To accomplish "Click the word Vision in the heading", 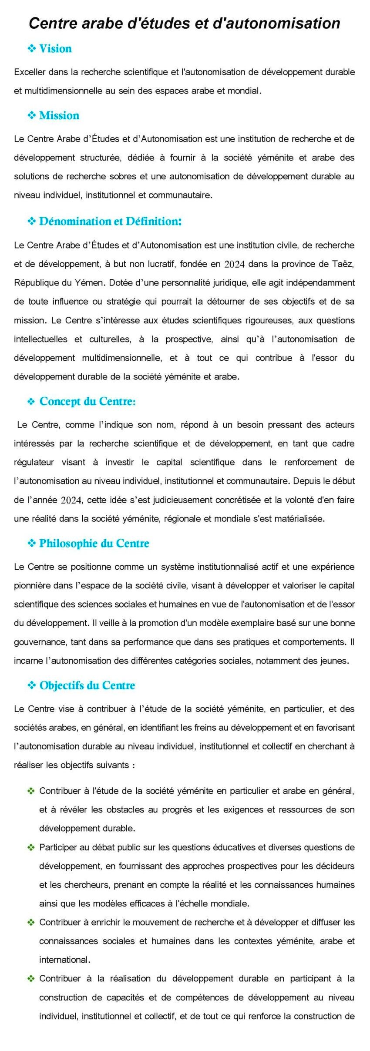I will pyautogui.click(x=55, y=48).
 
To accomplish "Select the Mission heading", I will pyautogui.click(x=59, y=115).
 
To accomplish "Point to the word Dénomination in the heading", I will pyautogui.click(x=75, y=221).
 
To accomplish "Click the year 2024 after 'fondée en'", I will pyautogui.click(x=234, y=264).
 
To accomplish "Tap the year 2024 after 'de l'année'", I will pyautogui.click(x=71, y=500).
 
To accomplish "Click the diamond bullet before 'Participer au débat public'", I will pyautogui.click(x=31, y=847).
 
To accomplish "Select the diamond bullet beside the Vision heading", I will pyautogui.click(x=31, y=49).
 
